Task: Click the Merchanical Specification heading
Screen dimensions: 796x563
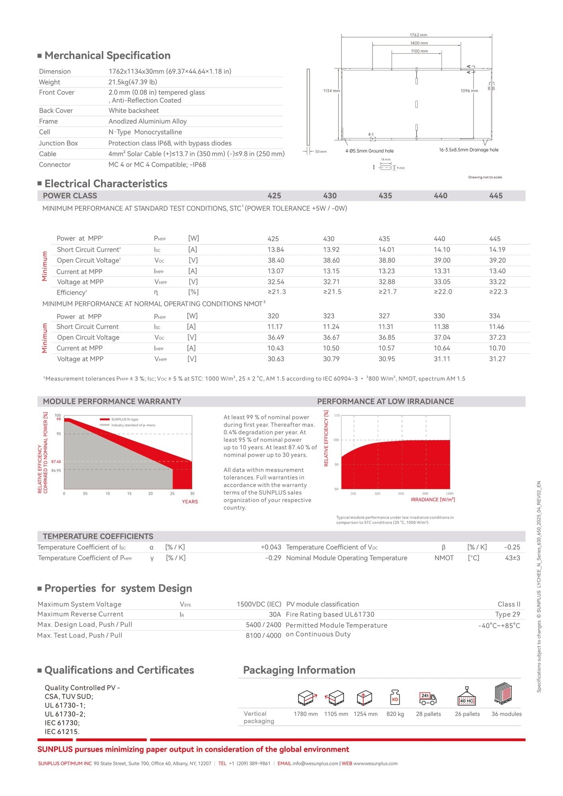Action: pos(107,55)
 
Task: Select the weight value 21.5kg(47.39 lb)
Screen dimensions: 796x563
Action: pos(133,82)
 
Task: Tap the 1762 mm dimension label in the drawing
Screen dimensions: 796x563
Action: pos(419,35)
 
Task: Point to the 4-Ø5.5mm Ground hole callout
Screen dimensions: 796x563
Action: pos(369,151)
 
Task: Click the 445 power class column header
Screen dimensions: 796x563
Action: pos(496,196)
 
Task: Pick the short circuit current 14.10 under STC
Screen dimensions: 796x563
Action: pos(442,250)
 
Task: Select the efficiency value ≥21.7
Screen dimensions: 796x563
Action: pos(388,292)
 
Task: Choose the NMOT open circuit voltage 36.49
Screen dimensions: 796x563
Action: pos(276,337)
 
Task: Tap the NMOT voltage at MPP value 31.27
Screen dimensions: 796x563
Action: pos(497,359)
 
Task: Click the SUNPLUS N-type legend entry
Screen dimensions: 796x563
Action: pos(125,419)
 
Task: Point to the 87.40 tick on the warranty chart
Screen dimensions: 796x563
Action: pos(56,462)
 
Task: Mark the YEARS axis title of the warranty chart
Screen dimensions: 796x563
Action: pos(190,501)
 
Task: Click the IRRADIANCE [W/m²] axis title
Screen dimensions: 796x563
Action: pos(432,499)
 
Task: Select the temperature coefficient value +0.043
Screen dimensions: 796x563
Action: pos(271,547)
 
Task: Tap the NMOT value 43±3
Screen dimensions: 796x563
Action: pos(512,558)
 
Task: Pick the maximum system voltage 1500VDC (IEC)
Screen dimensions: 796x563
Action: pos(259,604)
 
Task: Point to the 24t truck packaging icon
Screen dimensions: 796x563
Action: pos(428,698)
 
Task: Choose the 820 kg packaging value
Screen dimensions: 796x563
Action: pos(395,714)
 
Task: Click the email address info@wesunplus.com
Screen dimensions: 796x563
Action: pos(315,763)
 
